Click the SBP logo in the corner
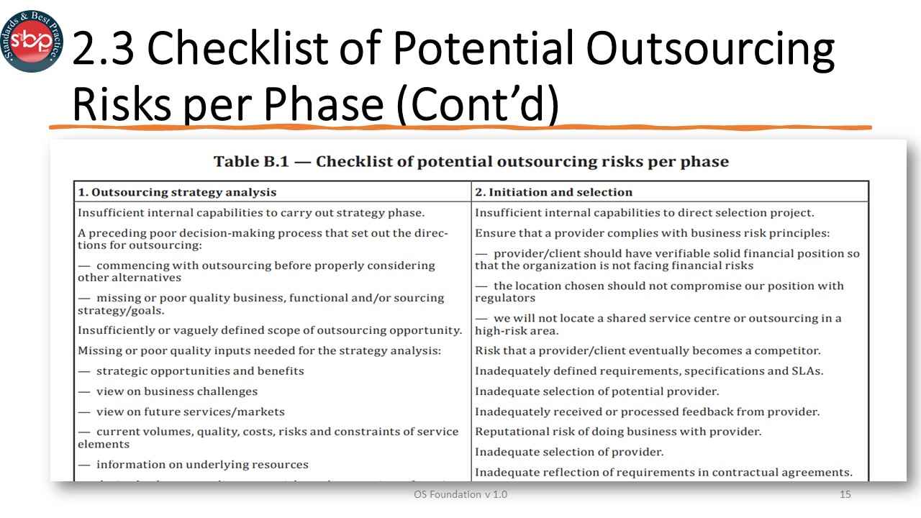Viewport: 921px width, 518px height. pyautogui.click(x=32, y=41)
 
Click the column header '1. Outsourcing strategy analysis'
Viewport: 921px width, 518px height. pyautogui.click(x=177, y=192)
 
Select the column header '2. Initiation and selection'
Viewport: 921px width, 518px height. pyautogui.click(x=553, y=192)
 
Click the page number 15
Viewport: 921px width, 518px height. pyautogui.click(x=845, y=495)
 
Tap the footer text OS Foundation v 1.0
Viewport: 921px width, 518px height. pyautogui.click(x=460, y=495)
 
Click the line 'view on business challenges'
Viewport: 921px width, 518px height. pyautogui.click(x=176, y=391)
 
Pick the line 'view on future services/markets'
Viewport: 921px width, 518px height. pyautogui.click(x=190, y=412)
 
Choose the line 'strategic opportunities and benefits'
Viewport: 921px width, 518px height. pyautogui.click(x=200, y=371)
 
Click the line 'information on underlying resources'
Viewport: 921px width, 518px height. pyautogui.click(x=202, y=464)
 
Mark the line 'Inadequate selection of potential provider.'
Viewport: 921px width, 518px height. pyautogui.click(x=596, y=391)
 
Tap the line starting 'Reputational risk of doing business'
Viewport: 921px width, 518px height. pyautogui.click(x=618, y=432)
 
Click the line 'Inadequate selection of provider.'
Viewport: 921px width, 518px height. pyautogui.click(x=569, y=452)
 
